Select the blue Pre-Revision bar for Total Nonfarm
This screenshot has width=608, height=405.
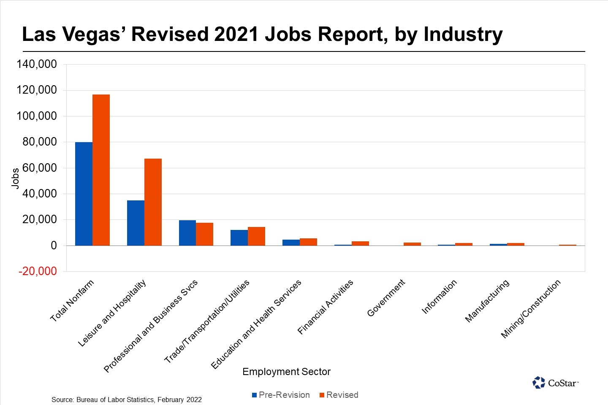pyautogui.click(x=84, y=194)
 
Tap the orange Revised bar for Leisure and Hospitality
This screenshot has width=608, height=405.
pyautogui.click(x=153, y=202)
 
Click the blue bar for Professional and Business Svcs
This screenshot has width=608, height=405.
pyautogui.click(x=187, y=233)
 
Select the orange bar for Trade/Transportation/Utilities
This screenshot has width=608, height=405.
pyautogui.click(x=256, y=236)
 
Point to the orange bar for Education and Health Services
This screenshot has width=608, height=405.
pyautogui.click(x=308, y=242)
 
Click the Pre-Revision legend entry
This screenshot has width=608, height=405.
pyautogui.click(x=281, y=395)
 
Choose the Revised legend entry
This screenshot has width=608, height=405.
pyautogui.click(x=339, y=395)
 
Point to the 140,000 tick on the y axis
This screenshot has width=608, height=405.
pyautogui.click(x=36, y=64)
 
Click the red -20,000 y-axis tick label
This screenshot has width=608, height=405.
pyautogui.click(x=38, y=271)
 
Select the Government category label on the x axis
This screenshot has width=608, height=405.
pyautogui.click(x=386, y=298)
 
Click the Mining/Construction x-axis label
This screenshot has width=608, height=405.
pyautogui.click(x=531, y=308)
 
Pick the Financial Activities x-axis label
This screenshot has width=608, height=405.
pyautogui.click(x=325, y=307)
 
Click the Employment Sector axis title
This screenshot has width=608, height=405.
pyautogui.click(x=286, y=372)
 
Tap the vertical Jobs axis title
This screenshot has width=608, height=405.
pyautogui.click(x=15, y=178)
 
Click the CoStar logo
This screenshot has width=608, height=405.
pyautogui.click(x=555, y=383)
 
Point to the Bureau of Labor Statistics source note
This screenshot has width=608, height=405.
pyautogui.click(x=127, y=400)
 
